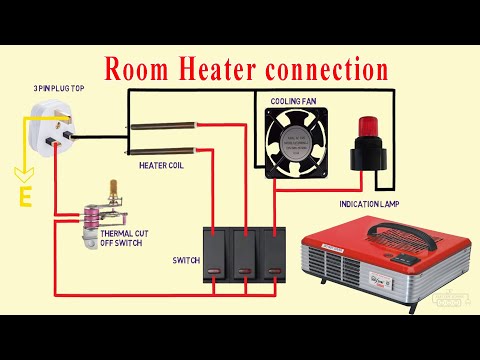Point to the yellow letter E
point(23,195)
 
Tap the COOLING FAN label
point(294,102)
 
